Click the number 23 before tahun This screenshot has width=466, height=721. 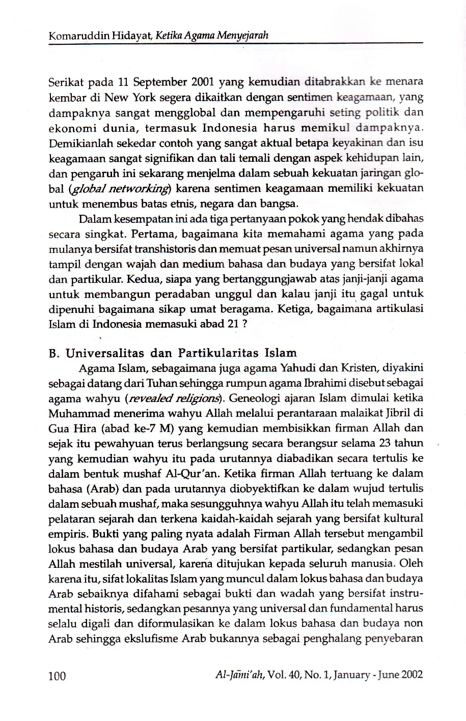(386, 443)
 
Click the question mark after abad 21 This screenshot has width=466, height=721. (245, 324)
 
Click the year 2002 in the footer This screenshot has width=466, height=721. (413, 675)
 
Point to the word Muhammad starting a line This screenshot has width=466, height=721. (75, 413)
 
